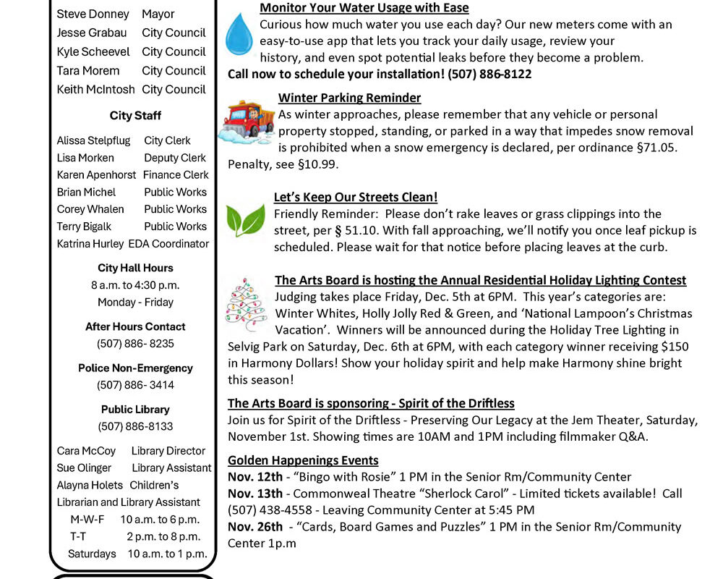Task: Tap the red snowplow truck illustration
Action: [x=247, y=124]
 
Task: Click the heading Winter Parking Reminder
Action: [x=349, y=98]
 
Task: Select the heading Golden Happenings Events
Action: [x=303, y=460]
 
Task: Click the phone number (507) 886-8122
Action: [x=489, y=74]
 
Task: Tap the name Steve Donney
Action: [x=93, y=14]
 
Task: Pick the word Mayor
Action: [x=158, y=14]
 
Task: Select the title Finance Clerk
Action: [x=176, y=174]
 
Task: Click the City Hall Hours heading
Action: [x=135, y=268]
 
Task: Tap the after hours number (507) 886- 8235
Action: [x=135, y=344]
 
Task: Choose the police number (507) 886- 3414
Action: [x=135, y=385]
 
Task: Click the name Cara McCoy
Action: [x=86, y=450]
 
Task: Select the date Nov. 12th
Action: [x=255, y=477]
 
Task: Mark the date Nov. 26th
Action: [x=255, y=527]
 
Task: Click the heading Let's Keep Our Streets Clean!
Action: [x=356, y=197]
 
